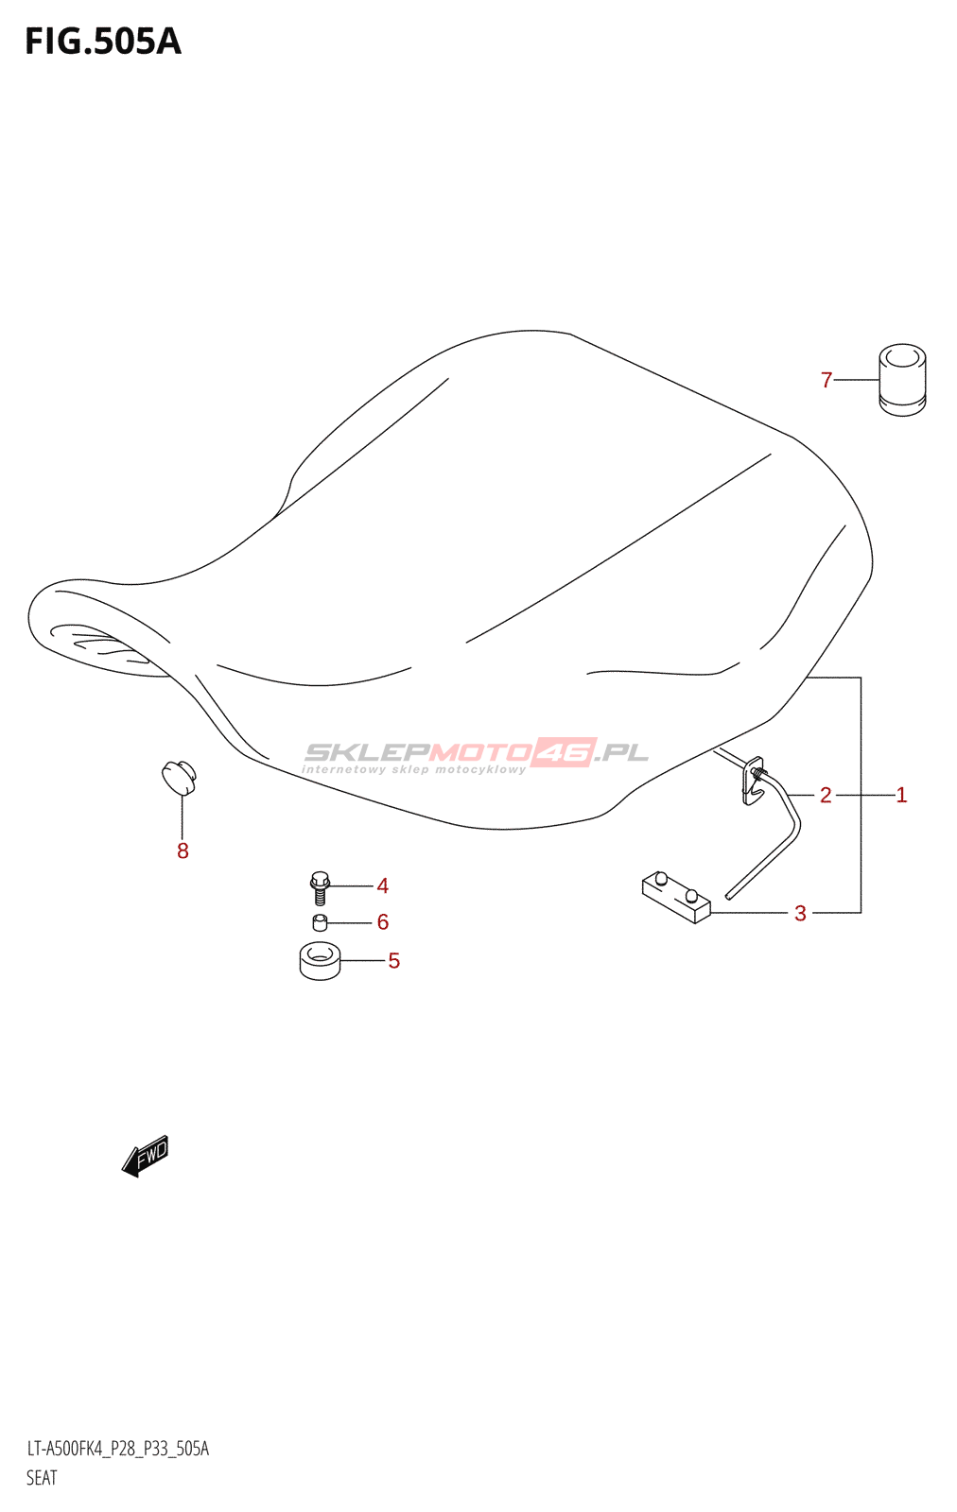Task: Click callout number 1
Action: [x=901, y=796]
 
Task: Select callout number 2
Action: [x=826, y=796]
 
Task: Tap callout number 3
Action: [x=800, y=914]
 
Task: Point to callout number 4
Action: [x=382, y=886]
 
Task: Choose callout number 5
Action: [x=393, y=961]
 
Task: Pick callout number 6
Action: [x=382, y=922]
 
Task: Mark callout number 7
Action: [x=826, y=381]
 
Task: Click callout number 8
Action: [x=183, y=851]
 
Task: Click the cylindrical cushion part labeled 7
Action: [x=902, y=380]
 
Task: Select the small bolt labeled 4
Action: [x=320, y=888]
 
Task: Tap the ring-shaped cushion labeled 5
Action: [x=320, y=961]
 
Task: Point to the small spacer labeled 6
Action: [x=320, y=922]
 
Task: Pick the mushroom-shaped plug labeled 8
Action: [x=179, y=777]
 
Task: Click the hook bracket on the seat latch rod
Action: [x=753, y=782]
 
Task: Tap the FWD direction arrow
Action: [x=146, y=1156]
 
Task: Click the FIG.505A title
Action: [x=102, y=43]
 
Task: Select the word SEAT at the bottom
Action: [x=42, y=1478]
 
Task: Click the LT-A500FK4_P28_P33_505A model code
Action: [x=118, y=1449]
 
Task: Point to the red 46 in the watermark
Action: [x=564, y=752]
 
